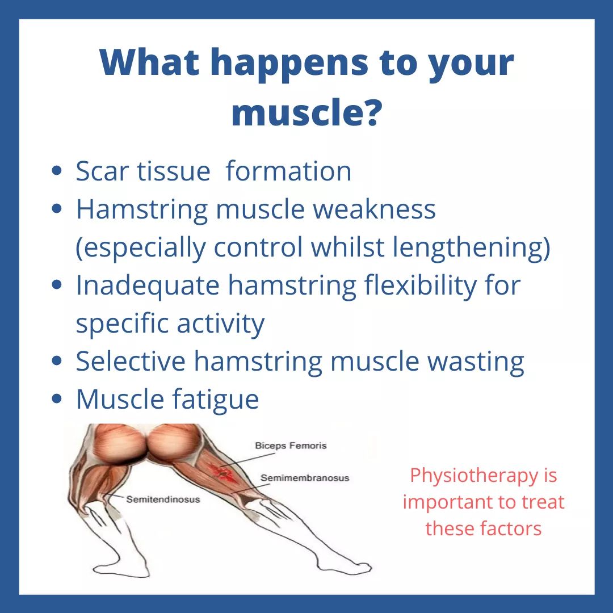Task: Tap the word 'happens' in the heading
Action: click(289, 64)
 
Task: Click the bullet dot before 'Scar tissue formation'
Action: click(57, 171)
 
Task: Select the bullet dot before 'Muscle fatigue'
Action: click(57, 399)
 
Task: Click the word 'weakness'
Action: click(374, 209)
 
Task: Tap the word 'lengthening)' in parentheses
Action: click(472, 247)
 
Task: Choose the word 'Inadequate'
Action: click(148, 285)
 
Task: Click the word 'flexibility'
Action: click(420, 285)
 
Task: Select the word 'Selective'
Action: click(131, 361)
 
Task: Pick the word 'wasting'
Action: click(476, 362)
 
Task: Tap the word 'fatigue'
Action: click(216, 400)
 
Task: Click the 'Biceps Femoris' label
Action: click(291, 446)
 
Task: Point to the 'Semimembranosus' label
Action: click(305, 478)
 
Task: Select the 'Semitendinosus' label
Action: click(163, 499)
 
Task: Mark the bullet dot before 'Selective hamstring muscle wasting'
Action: click(57, 361)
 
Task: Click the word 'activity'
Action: click(220, 324)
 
